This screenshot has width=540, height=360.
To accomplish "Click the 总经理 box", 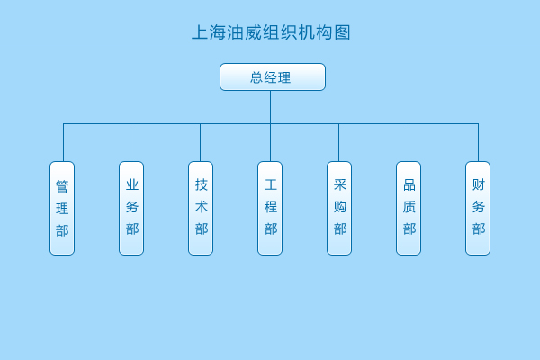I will (x=272, y=77).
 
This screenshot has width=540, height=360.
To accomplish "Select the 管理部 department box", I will (x=62, y=208).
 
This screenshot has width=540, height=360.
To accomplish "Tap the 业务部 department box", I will (x=131, y=208).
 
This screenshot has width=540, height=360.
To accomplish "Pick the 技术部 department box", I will (x=201, y=208).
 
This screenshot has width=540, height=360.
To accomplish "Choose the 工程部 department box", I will (x=270, y=208).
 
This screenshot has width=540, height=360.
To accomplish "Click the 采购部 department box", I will (x=339, y=208).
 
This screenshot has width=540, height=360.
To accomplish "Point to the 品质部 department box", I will (x=409, y=208).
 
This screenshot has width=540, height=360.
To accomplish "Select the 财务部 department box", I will (x=478, y=208).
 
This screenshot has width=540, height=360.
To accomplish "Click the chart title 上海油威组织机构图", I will (x=271, y=33).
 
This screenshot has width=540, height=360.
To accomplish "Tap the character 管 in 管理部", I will (x=62, y=186).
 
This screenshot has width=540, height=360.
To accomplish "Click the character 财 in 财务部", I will (x=479, y=185).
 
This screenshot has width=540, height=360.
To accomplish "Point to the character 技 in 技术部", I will (x=202, y=185).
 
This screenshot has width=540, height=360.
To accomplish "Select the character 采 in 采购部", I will (x=340, y=185).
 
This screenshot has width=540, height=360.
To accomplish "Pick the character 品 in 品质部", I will (x=409, y=185).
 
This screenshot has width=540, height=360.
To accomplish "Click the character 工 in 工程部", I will (x=271, y=185).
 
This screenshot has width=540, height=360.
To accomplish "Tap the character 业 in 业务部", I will (x=132, y=185).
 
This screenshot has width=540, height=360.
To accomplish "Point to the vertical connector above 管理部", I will (x=63, y=142).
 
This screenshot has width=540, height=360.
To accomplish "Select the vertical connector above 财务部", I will (x=478, y=142).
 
